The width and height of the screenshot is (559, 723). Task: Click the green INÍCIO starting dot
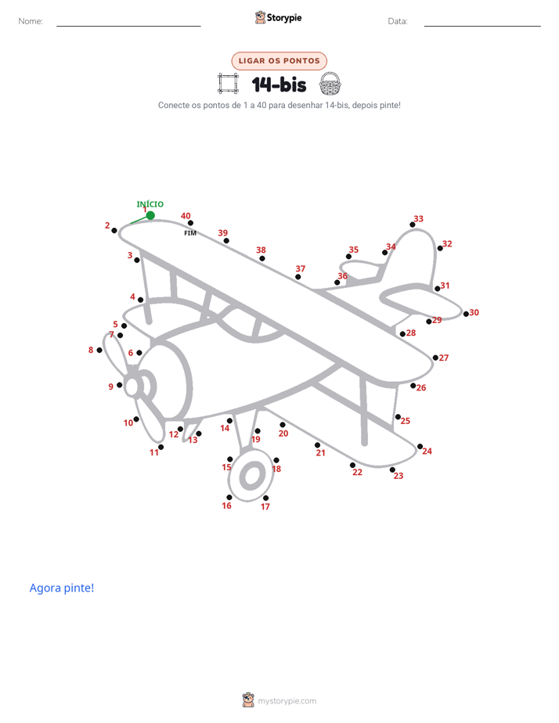[150, 215]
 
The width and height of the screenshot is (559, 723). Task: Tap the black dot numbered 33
[413, 225]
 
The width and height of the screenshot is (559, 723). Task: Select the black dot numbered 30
[466, 314]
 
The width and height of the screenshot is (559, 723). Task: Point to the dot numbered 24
[420, 446]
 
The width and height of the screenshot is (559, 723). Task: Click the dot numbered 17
[265, 498]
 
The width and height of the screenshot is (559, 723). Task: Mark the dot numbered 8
[99, 351]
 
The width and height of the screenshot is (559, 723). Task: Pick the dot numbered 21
[317, 445]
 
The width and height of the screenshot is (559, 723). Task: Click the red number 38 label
[261, 250]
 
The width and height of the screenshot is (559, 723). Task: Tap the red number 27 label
[444, 358]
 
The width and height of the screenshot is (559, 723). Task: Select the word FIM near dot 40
[190, 233]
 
